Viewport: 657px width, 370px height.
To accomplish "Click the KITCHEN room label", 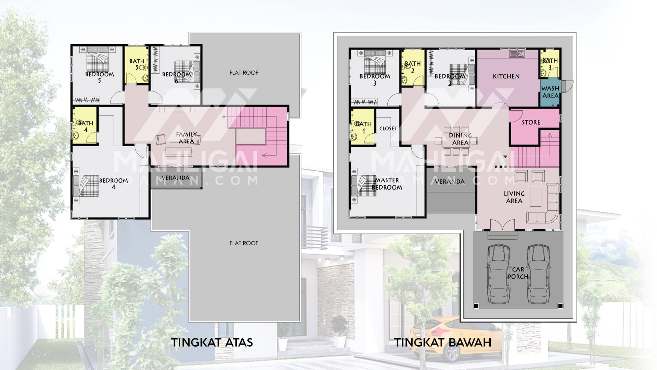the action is [506, 76].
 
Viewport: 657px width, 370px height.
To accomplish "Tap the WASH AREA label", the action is [550, 92].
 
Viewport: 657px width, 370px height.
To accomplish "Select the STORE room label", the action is [531, 122].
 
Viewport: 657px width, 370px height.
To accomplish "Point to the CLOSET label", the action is [388, 128].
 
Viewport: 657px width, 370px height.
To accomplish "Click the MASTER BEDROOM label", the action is [387, 184].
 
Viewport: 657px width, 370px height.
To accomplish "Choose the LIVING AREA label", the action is [514, 197].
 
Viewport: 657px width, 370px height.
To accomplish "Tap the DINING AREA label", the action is [460, 139].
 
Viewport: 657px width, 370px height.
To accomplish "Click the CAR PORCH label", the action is [518, 273].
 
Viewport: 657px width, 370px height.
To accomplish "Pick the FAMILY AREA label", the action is [186, 138].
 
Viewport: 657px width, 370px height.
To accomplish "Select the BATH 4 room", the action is [85, 125].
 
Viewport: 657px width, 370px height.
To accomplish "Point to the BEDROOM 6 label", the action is [177, 77].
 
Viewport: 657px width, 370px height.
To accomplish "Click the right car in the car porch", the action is [539, 274].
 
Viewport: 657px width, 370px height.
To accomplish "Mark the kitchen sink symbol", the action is [517, 54].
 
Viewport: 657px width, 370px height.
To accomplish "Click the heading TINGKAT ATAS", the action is [212, 342].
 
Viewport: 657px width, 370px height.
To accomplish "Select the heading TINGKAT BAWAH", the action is [443, 342].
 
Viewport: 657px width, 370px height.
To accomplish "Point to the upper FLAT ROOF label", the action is [244, 73].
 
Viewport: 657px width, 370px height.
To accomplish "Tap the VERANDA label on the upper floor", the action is [175, 178].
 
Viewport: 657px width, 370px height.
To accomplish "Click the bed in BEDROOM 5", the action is [98, 58].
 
